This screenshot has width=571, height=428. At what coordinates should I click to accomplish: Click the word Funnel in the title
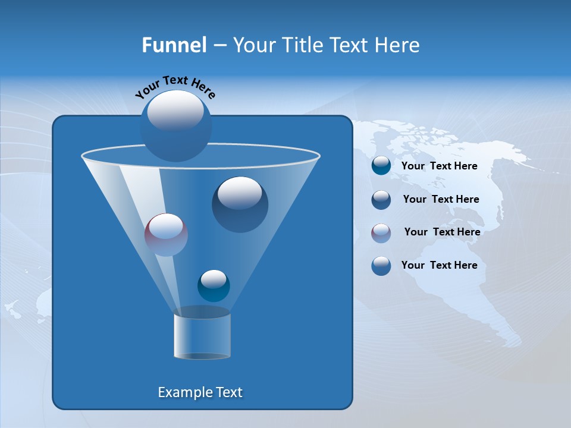(174, 45)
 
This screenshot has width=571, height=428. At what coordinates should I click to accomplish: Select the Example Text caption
(200, 392)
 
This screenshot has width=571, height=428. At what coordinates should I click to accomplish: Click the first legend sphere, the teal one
(381, 166)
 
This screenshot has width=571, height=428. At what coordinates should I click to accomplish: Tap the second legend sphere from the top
(381, 199)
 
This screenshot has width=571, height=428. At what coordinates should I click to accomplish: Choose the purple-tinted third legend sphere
(381, 232)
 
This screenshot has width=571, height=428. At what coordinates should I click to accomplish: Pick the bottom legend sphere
(381, 265)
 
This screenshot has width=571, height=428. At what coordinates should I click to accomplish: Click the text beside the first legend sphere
(439, 166)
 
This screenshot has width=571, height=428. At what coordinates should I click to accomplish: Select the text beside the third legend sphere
(442, 232)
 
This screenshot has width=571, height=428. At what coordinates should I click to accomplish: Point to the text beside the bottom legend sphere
(439, 265)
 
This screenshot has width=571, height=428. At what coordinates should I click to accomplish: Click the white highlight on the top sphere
(175, 111)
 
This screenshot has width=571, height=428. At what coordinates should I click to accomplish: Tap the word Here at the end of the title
(397, 45)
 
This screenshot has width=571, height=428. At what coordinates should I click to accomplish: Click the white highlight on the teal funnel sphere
(214, 278)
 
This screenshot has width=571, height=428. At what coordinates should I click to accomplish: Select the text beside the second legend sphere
(441, 199)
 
